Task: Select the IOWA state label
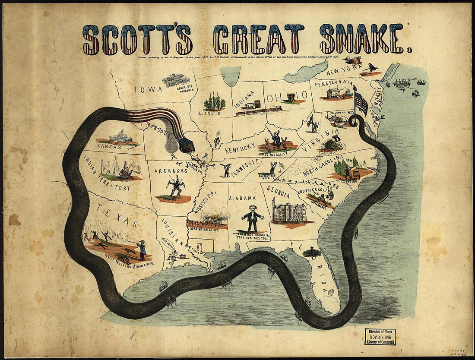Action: tap(148, 90)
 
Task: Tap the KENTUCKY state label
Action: tap(240, 148)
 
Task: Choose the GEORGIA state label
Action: tap(279, 189)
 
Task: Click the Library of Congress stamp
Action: tap(380, 336)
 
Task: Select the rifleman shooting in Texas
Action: tap(141, 249)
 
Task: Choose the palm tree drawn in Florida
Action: tap(311, 252)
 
